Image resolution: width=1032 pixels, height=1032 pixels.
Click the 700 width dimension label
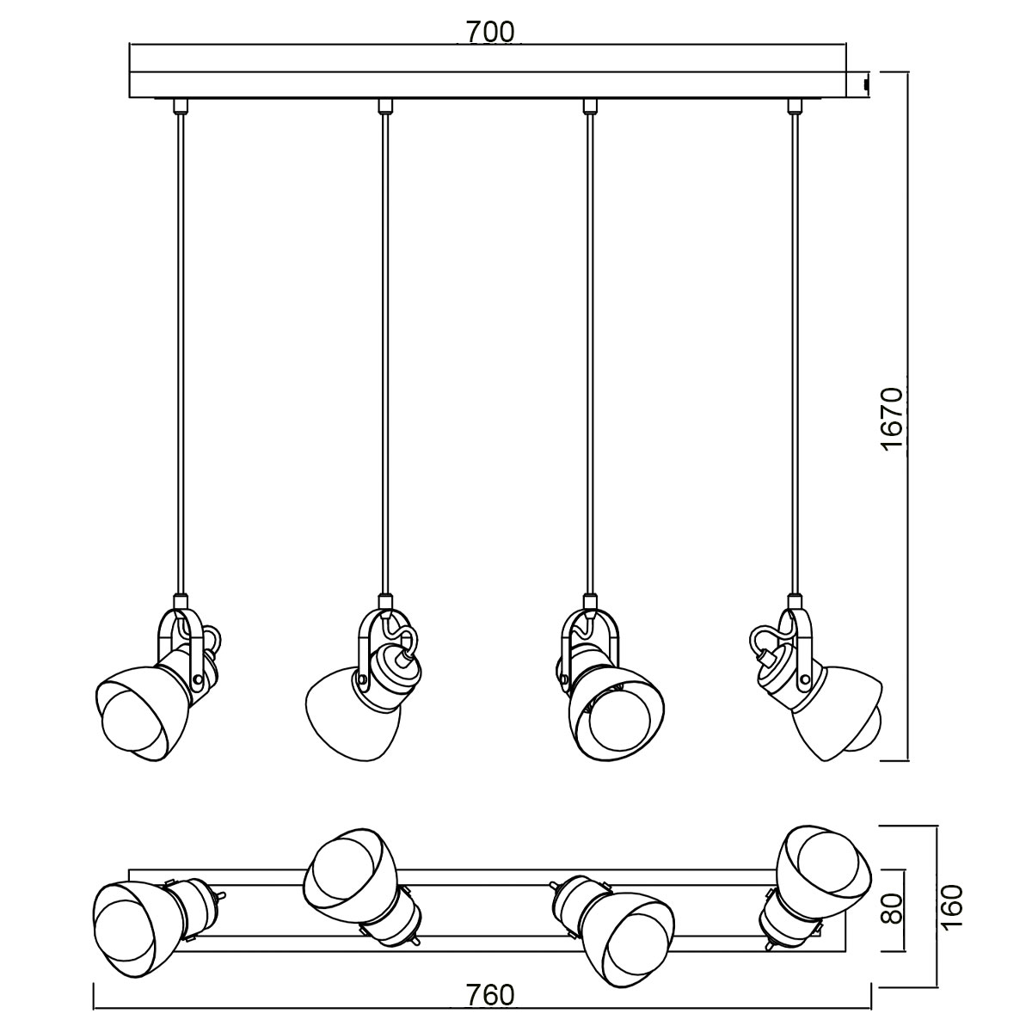tap(490, 32)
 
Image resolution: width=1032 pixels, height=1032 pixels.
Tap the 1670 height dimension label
tap(894, 420)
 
